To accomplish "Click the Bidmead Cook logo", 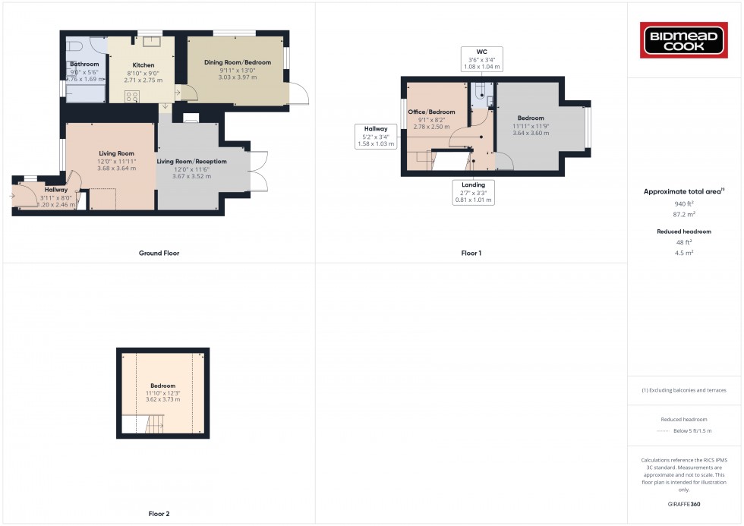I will (685, 40).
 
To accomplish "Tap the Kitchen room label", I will (143, 65).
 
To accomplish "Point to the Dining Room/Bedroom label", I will (238, 62).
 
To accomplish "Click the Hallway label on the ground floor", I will (55, 190).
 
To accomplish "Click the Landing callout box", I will (474, 192).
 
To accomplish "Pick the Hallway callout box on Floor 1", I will (375, 136).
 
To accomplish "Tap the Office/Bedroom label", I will (431, 112).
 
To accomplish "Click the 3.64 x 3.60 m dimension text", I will (531, 134).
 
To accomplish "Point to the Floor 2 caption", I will (159, 514).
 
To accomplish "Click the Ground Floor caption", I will (159, 253).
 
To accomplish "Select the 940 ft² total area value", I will (685, 203).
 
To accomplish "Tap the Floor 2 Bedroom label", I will (162, 386).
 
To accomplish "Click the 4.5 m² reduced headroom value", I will (685, 252).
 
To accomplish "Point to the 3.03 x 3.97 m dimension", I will (238, 77).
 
